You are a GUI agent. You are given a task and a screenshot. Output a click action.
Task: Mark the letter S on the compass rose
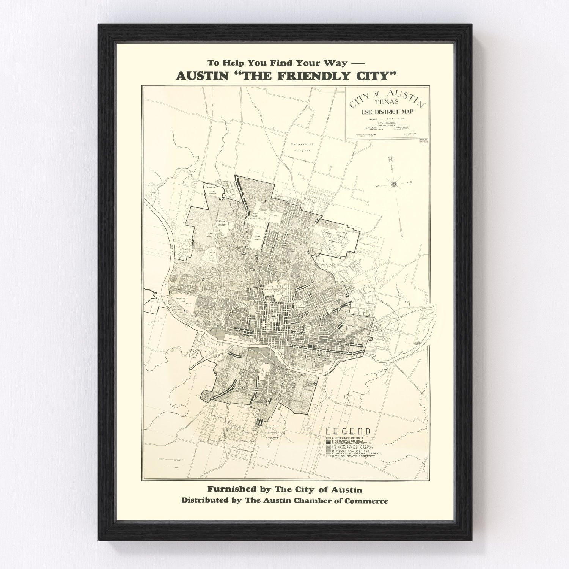point(401,236)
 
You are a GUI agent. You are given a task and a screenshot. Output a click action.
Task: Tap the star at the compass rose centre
point(395,184)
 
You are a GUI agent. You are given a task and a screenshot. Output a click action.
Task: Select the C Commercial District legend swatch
point(328,443)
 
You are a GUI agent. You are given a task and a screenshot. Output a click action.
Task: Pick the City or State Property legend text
point(353,456)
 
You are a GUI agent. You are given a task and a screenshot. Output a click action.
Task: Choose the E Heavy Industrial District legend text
point(357,453)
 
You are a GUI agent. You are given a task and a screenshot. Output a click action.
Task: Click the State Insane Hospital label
point(259,237)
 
